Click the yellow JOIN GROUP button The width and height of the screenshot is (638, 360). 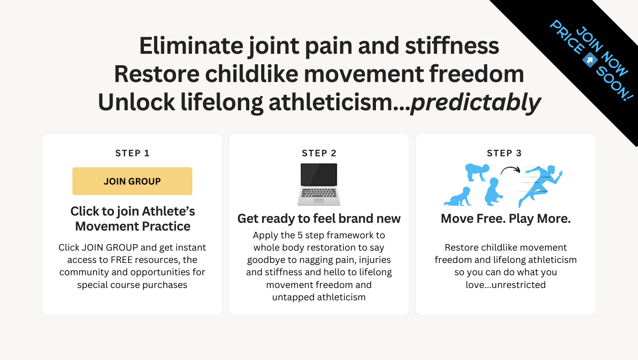(132, 181)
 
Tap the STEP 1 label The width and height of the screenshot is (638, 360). (133, 153)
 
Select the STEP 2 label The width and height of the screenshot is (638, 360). (319, 153)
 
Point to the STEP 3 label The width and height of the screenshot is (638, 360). (504, 153)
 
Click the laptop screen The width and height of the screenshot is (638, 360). (319, 175)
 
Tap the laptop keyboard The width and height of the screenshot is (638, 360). (319, 193)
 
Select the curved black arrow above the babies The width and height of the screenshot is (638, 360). (510, 170)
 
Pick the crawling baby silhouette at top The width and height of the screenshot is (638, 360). (477, 172)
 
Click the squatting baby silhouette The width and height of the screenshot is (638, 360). (494, 191)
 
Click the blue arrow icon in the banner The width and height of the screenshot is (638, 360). (590, 60)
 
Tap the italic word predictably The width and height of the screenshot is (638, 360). (475, 102)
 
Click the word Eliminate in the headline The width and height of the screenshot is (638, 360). (191, 46)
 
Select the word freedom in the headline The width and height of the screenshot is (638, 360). (477, 74)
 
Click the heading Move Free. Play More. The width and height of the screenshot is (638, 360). (506, 219)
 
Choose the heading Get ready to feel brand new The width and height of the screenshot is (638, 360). (319, 219)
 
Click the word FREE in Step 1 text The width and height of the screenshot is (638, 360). (122, 260)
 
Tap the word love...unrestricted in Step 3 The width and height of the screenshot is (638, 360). (505, 284)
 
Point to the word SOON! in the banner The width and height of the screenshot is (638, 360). (614, 84)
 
